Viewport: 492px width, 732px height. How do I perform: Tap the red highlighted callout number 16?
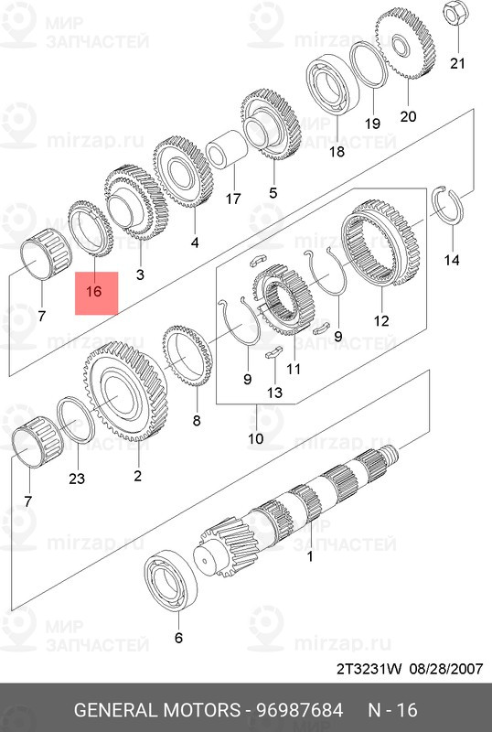94,291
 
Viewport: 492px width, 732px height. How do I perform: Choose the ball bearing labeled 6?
170,584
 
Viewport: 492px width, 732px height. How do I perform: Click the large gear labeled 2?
126,392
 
